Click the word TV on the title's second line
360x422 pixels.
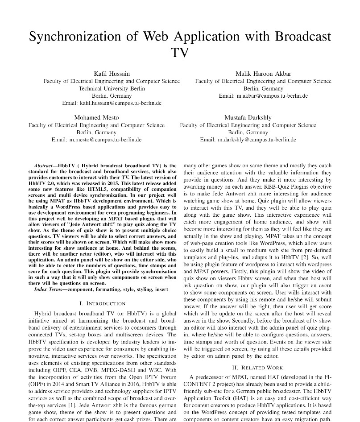(180, 53)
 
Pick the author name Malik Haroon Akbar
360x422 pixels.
(263, 74)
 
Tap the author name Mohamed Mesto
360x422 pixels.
(96, 117)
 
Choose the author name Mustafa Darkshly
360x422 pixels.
(248, 117)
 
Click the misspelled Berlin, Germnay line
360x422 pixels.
(248, 132)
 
